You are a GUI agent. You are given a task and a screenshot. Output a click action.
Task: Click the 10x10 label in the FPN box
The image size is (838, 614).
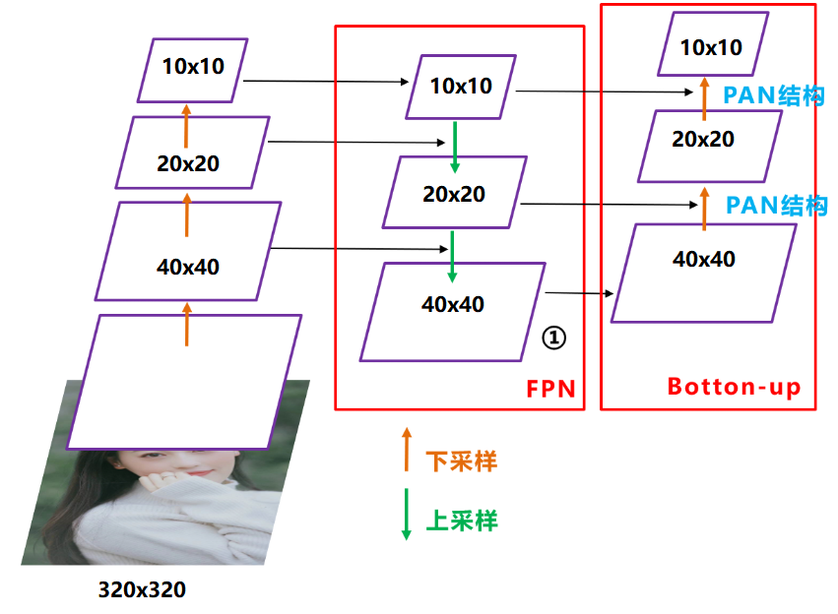(461, 86)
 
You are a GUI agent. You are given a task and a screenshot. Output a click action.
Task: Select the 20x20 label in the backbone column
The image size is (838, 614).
(188, 162)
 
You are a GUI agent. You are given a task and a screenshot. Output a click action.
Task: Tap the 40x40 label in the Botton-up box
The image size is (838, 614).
(703, 260)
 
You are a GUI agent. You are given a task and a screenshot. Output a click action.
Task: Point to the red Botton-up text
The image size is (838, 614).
(734, 387)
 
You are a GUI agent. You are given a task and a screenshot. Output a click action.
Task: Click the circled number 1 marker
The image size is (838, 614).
(554, 338)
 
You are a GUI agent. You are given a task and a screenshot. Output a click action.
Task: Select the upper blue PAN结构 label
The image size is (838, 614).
(773, 96)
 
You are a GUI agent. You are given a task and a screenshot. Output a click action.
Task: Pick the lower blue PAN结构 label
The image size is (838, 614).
(776, 206)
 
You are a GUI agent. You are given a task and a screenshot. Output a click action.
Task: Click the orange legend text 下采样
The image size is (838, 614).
(461, 461)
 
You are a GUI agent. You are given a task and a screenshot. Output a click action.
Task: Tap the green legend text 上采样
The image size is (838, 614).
(461, 521)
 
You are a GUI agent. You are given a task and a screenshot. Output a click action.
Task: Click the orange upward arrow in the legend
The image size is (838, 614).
(405, 451)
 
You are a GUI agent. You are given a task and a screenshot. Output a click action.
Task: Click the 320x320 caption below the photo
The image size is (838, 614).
(142, 590)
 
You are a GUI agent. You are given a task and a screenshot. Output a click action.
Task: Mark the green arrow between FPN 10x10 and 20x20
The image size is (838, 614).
(454, 145)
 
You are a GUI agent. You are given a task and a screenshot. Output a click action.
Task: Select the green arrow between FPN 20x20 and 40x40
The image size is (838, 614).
(452, 254)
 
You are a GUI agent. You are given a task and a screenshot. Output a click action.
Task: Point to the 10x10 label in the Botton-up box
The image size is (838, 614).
(711, 47)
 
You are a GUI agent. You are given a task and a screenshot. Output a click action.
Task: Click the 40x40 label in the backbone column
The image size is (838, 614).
(187, 266)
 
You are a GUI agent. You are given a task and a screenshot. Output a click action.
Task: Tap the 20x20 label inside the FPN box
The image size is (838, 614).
(454, 194)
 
